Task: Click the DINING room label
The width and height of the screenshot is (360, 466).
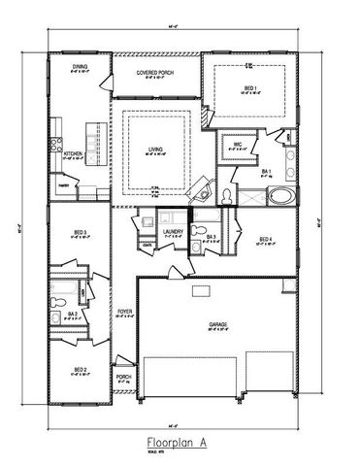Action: pyautogui.click(x=81, y=67)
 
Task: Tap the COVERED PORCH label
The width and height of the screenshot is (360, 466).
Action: pyautogui.click(x=155, y=72)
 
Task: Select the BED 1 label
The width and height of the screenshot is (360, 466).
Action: pyautogui.click(x=249, y=88)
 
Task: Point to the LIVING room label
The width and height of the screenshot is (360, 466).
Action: pyautogui.click(x=156, y=150)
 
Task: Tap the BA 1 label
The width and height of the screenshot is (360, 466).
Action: pyautogui.click(x=266, y=171)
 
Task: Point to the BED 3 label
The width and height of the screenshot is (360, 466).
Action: pyautogui.click(x=81, y=232)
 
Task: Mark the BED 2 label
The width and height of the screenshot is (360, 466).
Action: pyautogui.click(x=81, y=370)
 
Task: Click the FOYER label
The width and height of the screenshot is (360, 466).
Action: pyautogui.click(x=124, y=313)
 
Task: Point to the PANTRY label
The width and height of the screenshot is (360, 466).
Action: pyautogui.click(x=63, y=183)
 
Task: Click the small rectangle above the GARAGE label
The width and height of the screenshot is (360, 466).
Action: pyautogui.click(x=200, y=290)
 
